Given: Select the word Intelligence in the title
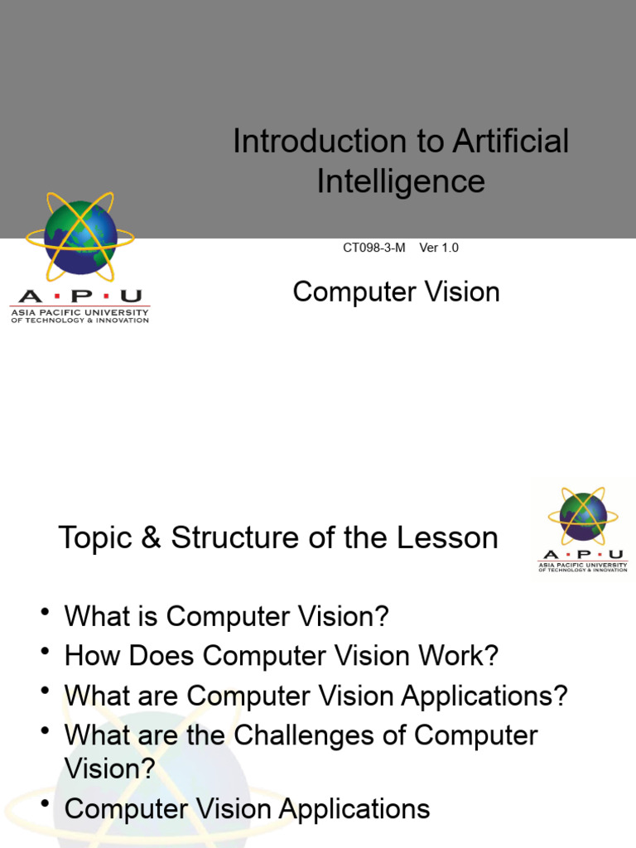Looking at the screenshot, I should (x=401, y=181).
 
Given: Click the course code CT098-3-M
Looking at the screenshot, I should (x=374, y=248).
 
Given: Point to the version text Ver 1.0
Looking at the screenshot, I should (x=439, y=248).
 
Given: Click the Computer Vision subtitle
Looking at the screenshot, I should (x=396, y=291).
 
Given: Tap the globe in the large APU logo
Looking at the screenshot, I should (x=80, y=238).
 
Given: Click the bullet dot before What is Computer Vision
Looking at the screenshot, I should (x=45, y=613).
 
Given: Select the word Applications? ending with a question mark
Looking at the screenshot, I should (x=484, y=696).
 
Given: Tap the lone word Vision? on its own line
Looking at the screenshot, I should (x=109, y=768).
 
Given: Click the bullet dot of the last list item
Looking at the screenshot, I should (x=45, y=806).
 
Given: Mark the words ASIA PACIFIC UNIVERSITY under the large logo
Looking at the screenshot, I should (x=79, y=312).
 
